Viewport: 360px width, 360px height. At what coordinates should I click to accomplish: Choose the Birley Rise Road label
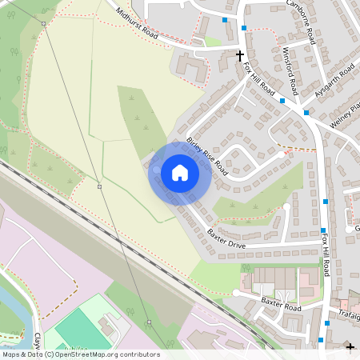coord(206,156)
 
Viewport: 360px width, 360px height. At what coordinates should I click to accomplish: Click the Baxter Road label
coord(280,303)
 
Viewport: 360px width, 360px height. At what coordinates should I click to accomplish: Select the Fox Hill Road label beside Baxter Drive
coord(326,256)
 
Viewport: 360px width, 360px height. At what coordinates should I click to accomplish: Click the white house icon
coord(179,173)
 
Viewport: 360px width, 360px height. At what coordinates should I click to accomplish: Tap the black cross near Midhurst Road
coord(239,55)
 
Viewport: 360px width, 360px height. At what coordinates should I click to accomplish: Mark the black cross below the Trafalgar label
coord(350,347)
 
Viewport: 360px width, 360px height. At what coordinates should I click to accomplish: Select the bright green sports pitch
coord(74,327)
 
